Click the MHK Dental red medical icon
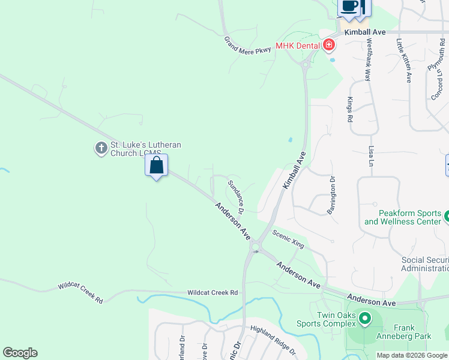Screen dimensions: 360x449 328,44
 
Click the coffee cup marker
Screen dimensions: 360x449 349,7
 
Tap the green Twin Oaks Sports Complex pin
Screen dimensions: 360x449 364,317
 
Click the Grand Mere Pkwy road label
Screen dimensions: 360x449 247,45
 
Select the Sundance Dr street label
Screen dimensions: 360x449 236,196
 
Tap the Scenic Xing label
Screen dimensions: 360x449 289,239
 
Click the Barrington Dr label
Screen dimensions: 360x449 331,194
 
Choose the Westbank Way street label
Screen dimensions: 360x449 369,61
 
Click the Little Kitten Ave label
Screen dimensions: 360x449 403,61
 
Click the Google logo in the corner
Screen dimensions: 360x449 20,353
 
